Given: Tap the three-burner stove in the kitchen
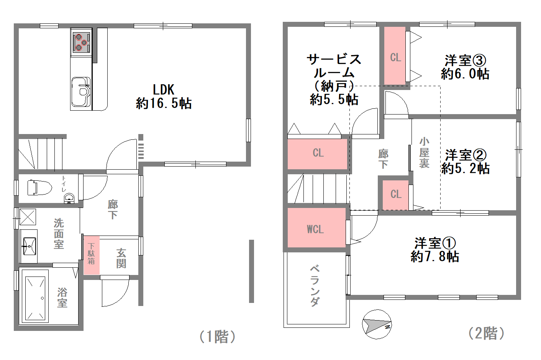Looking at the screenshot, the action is pos(81,43).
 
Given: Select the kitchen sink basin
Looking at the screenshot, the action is pos(81,92).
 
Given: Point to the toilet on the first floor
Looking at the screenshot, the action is pos(40,188).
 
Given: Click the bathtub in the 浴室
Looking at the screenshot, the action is pos(35,296).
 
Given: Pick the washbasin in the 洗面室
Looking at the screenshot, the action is pos(29,246).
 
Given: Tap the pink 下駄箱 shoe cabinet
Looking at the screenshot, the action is pos(92,255).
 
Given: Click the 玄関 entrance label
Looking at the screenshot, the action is pos(121,258).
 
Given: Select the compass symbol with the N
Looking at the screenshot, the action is pos(377,324).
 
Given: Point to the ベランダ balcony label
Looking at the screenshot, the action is pos(315,286).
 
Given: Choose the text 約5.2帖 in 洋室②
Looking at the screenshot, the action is pos(465,168).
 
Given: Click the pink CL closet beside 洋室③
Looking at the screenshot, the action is pos(395,56).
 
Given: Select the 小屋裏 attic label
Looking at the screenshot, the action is pos(424,152).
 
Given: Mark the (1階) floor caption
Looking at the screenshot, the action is pos(217,337).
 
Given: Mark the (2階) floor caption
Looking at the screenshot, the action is pos(487,333).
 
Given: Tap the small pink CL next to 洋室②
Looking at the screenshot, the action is pos(396,195).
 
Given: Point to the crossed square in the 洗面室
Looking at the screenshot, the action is pos(28,217).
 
